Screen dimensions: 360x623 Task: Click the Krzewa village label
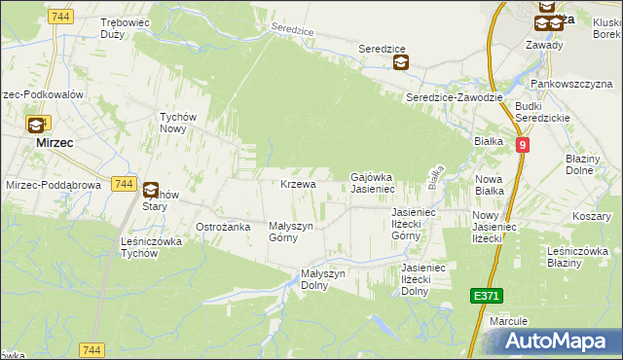click(298, 184)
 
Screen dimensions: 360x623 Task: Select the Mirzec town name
click(55, 141)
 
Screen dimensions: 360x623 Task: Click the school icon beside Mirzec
click(36, 125)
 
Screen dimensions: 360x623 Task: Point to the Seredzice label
click(381, 49)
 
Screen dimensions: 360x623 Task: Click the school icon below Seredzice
click(400, 64)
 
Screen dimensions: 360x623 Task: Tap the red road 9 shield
click(523, 145)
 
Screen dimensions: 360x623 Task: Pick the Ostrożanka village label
click(224, 227)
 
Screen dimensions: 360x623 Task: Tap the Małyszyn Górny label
click(290, 232)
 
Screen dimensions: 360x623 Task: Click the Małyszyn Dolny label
click(323, 279)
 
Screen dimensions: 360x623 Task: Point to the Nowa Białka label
click(489, 185)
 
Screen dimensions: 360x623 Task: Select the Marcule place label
click(509, 320)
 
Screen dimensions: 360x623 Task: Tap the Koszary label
click(592, 215)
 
